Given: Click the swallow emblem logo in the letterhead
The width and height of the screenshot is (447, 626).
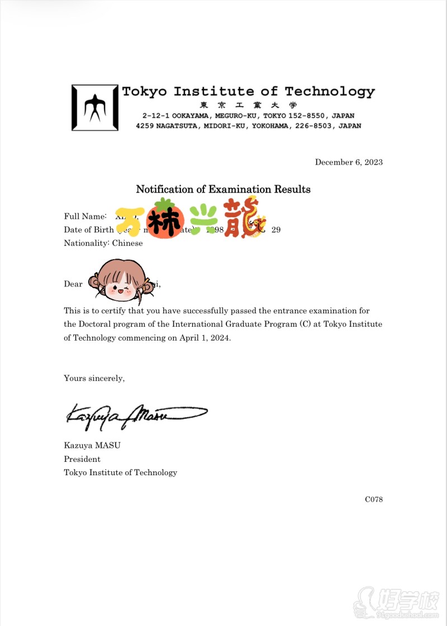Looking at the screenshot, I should [x=94, y=107].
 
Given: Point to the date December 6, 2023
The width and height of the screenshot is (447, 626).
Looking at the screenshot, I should [x=349, y=163].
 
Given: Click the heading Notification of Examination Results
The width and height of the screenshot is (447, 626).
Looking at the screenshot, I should [x=223, y=189].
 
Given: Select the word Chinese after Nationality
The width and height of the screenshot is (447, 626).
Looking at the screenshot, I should [x=127, y=243].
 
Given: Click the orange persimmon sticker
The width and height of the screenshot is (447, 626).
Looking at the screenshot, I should [x=166, y=219].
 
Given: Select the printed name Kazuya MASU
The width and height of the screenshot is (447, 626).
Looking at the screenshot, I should [x=92, y=446].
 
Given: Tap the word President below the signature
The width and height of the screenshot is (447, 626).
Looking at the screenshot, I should [x=82, y=459].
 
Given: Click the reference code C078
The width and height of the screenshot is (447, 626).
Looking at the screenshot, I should [x=373, y=499].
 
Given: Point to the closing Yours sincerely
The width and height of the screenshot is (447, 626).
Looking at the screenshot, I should [x=94, y=378].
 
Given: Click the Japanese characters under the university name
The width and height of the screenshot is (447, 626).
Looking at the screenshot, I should [x=248, y=106].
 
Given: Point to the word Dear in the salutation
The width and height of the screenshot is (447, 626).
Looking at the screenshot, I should [x=73, y=284].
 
